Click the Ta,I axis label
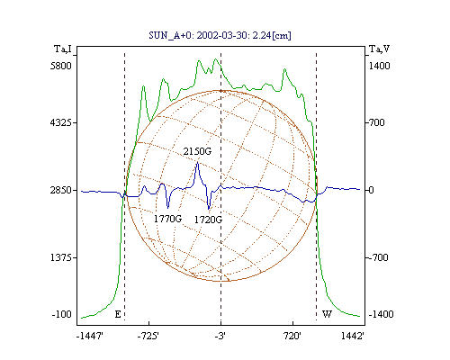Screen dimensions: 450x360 pyautogui.click(x=63, y=49)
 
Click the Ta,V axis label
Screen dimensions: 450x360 pyautogui.click(x=379, y=49)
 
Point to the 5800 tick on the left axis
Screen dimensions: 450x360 pyautogui.click(x=61, y=66)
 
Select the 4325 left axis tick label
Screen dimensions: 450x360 pyautogui.click(x=61, y=122)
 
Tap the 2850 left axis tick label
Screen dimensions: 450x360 pyautogui.click(x=61, y=190)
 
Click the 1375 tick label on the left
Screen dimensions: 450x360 pyautogui.click(x=61, y=257)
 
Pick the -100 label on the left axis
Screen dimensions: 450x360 pyautogui.click(x=62, y=314)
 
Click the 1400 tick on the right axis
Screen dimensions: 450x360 pyautogui.click(x=379, y=66)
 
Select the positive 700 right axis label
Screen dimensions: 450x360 pyautogui.click(x=376, y=122)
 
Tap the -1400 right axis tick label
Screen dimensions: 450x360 pyautogui.click(x=381, y=314)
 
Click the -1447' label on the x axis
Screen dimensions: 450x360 pyautogui.click(x=90, y=337)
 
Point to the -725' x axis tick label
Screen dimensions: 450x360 pyautogui.click(x=148, y=337)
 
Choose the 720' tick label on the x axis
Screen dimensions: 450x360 pyautogui.click(x=292, y=337)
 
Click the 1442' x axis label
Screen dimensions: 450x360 pyautogui.click(x=353, y=337)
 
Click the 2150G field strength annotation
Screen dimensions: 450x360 pyautogui.click(x=197, y=151)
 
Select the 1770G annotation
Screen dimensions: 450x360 pyautogui.click(x=167, y=219)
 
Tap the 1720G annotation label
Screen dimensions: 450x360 pyautogui.click(x=208, y=220)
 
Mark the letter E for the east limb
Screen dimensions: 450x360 pyautogui.click(x=118, y=314)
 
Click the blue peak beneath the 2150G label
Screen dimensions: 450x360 pyautogui.click(x=197, y=163)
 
